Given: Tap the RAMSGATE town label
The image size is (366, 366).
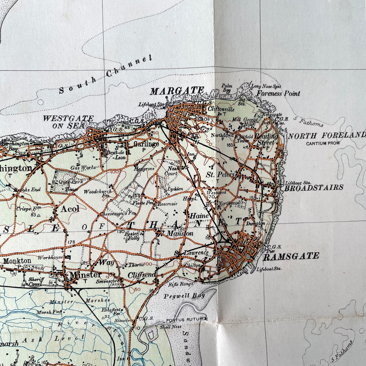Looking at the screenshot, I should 291,257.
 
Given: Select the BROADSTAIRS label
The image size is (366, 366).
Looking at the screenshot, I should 314,188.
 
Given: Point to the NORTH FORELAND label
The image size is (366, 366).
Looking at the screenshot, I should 327,136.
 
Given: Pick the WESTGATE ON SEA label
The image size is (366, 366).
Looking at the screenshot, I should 68,122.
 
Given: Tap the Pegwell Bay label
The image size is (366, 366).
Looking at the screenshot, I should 184,296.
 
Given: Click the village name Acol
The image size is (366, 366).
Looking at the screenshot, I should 70,209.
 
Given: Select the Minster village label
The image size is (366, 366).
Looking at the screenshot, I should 85,275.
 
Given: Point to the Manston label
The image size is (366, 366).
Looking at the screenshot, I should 180,233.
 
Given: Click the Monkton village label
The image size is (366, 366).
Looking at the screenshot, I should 17,261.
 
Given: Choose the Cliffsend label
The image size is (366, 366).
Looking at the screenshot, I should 142,275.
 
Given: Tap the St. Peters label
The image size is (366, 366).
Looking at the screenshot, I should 220,175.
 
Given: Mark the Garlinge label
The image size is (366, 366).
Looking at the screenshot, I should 146,144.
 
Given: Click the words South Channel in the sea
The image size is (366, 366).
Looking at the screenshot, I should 106,74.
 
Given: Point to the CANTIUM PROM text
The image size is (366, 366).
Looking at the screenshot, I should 323,143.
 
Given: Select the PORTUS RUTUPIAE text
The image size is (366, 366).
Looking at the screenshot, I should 187,319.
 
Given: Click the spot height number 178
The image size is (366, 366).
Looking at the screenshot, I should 71,242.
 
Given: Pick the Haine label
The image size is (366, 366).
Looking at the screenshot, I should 199,216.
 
